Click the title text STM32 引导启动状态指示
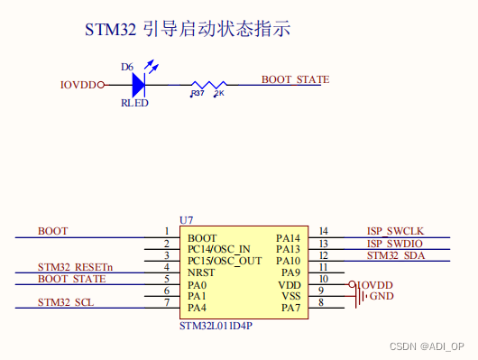click(188, 30)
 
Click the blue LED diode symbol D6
click(138, 85)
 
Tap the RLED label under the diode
click(134, 103)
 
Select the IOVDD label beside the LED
click(78, 86)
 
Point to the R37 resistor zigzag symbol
click(207, 85)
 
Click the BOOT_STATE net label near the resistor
click(295, 79)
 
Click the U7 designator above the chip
click(187, 219)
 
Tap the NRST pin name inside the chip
click(201, 272)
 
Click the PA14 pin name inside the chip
click(288, 237)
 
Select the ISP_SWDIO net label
click(394, 244)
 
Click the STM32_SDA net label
click(394, 255)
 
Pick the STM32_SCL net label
click(65, 302)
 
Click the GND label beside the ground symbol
click(381, 296)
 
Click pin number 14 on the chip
click(324, 232)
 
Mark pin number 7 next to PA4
click(166, 302)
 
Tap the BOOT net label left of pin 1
click(52, 232)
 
